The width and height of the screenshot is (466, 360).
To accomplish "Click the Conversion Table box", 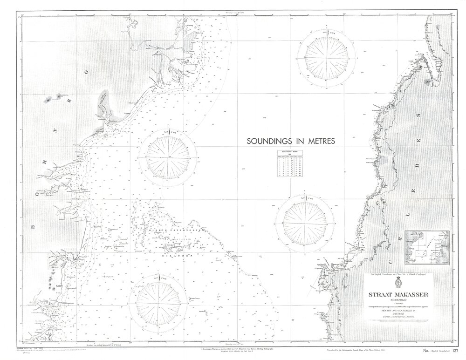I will [x=290, y=163].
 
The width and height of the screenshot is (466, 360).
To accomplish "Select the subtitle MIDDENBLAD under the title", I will [x=401, y=300].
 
